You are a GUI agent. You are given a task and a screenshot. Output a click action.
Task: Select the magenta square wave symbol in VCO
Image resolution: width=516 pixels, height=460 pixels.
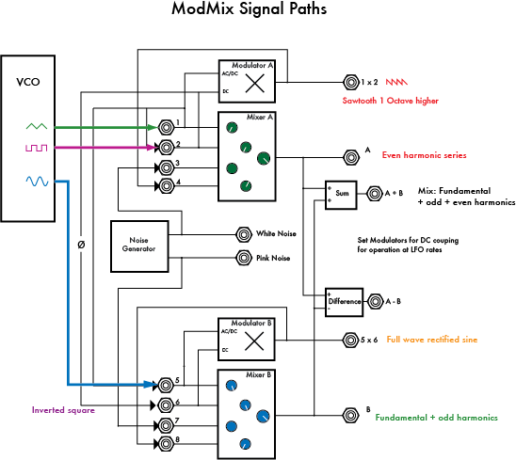tap(35, 148)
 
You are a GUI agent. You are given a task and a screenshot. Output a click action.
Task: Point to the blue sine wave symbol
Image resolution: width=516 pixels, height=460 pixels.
tap(35, 181)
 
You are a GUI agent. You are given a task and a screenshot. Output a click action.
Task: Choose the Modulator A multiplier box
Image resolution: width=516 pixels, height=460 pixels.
tap(247, 82)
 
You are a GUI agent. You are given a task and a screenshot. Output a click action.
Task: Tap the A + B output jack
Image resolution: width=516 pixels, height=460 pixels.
tap(374, 193)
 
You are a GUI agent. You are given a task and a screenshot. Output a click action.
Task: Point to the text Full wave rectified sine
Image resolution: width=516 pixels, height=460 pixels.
tap(430, 340)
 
